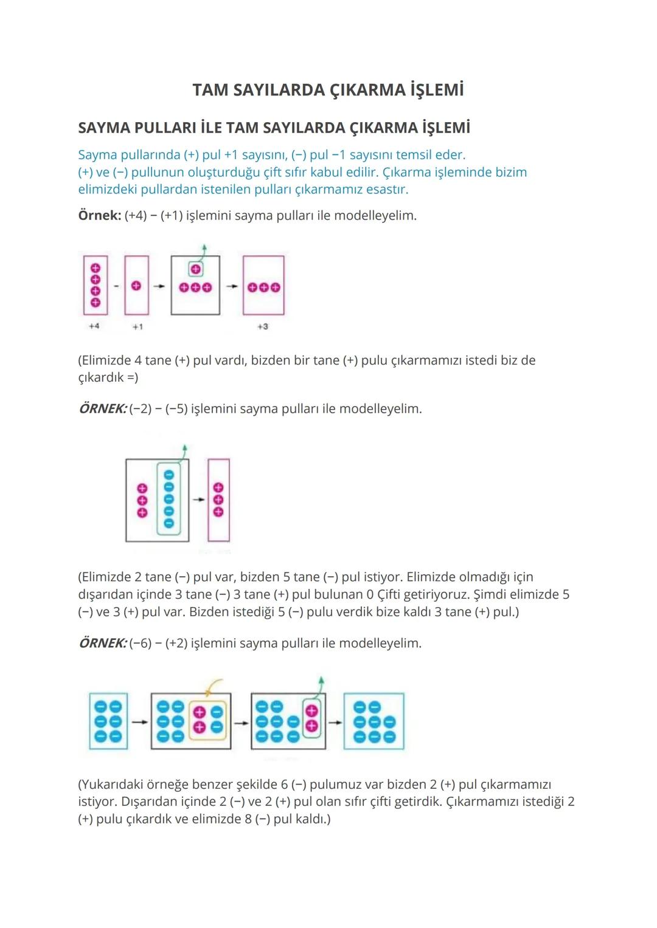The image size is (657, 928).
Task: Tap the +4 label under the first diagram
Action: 94,326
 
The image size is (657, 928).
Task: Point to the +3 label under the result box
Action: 263,326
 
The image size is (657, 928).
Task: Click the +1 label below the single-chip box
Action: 137,327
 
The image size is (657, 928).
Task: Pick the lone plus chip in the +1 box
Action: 136,286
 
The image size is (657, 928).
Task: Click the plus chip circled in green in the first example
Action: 195,269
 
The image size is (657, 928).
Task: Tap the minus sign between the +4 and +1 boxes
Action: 116,286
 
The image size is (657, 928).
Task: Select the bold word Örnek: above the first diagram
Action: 100,215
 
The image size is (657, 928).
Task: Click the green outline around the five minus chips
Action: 158,499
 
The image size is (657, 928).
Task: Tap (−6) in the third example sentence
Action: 140,643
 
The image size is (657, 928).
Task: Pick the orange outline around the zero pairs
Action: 190,721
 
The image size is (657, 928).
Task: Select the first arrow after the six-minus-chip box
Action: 140,722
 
